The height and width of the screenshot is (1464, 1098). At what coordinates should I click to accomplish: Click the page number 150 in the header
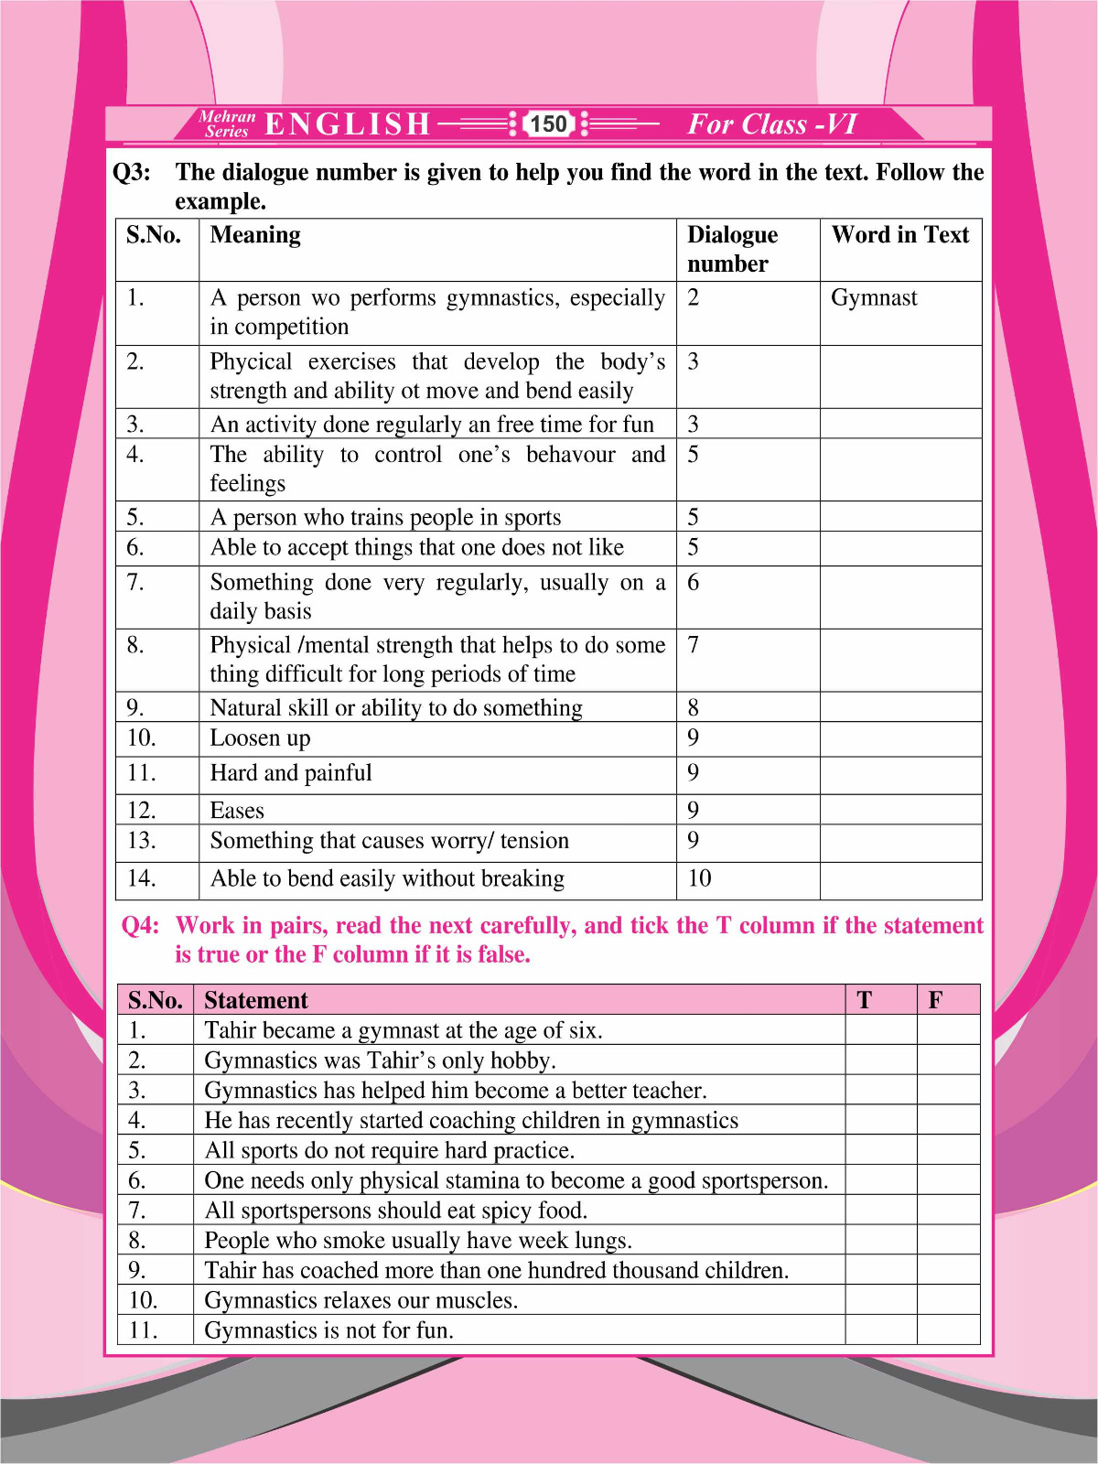coord(548,124)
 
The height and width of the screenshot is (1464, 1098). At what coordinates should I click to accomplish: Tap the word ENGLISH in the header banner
coord(348,124)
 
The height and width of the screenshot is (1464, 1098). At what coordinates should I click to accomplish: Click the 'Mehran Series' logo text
coord(227,124)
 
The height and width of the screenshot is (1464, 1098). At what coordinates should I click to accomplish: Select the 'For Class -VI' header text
coord(771,124)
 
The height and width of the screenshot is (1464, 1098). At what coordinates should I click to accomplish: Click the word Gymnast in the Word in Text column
coord(874,297)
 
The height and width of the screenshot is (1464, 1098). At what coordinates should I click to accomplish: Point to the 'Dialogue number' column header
coord(732,249)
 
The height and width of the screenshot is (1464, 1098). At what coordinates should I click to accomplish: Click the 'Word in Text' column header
coord(899,235)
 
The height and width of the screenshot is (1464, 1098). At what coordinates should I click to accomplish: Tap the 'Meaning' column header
coord(255,235)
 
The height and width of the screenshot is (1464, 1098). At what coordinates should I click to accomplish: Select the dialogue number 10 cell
coord(700,878)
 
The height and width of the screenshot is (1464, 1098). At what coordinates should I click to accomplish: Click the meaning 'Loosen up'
coord(260,738)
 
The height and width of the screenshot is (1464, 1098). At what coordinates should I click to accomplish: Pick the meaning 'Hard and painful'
coord(291,773)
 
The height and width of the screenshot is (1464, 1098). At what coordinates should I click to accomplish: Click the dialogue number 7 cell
coord(694,645)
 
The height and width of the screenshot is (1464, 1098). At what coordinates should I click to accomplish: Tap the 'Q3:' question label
coord(132,172)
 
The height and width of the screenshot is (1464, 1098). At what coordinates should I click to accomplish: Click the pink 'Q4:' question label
coord(140,926)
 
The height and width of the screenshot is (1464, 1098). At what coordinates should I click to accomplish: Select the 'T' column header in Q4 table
coord(864,1000)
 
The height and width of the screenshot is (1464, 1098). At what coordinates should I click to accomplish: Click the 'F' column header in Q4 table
coord(935,1000)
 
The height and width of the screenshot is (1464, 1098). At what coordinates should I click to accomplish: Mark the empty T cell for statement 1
coord(880,1030)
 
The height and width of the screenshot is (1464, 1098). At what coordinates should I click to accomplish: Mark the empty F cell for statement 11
coord(948,1329)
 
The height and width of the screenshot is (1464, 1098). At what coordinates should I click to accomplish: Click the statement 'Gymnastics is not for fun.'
coord(328,1330)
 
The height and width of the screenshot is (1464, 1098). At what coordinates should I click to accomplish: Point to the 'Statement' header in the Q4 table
coord(256,1000)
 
